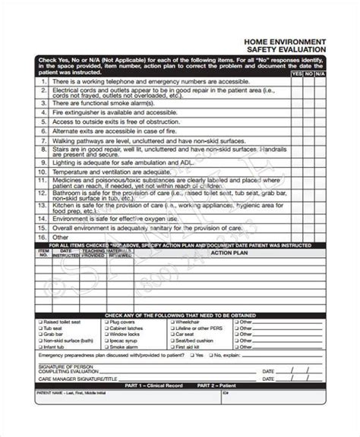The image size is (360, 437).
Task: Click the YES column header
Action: click(x=296, y=74)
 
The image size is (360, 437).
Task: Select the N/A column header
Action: click(x=321, y=74)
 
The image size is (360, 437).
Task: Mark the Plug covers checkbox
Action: click(x=106, y=322)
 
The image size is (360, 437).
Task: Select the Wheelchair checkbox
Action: click(x=171, y=322)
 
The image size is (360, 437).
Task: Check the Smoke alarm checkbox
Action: click(x=106, y=340)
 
